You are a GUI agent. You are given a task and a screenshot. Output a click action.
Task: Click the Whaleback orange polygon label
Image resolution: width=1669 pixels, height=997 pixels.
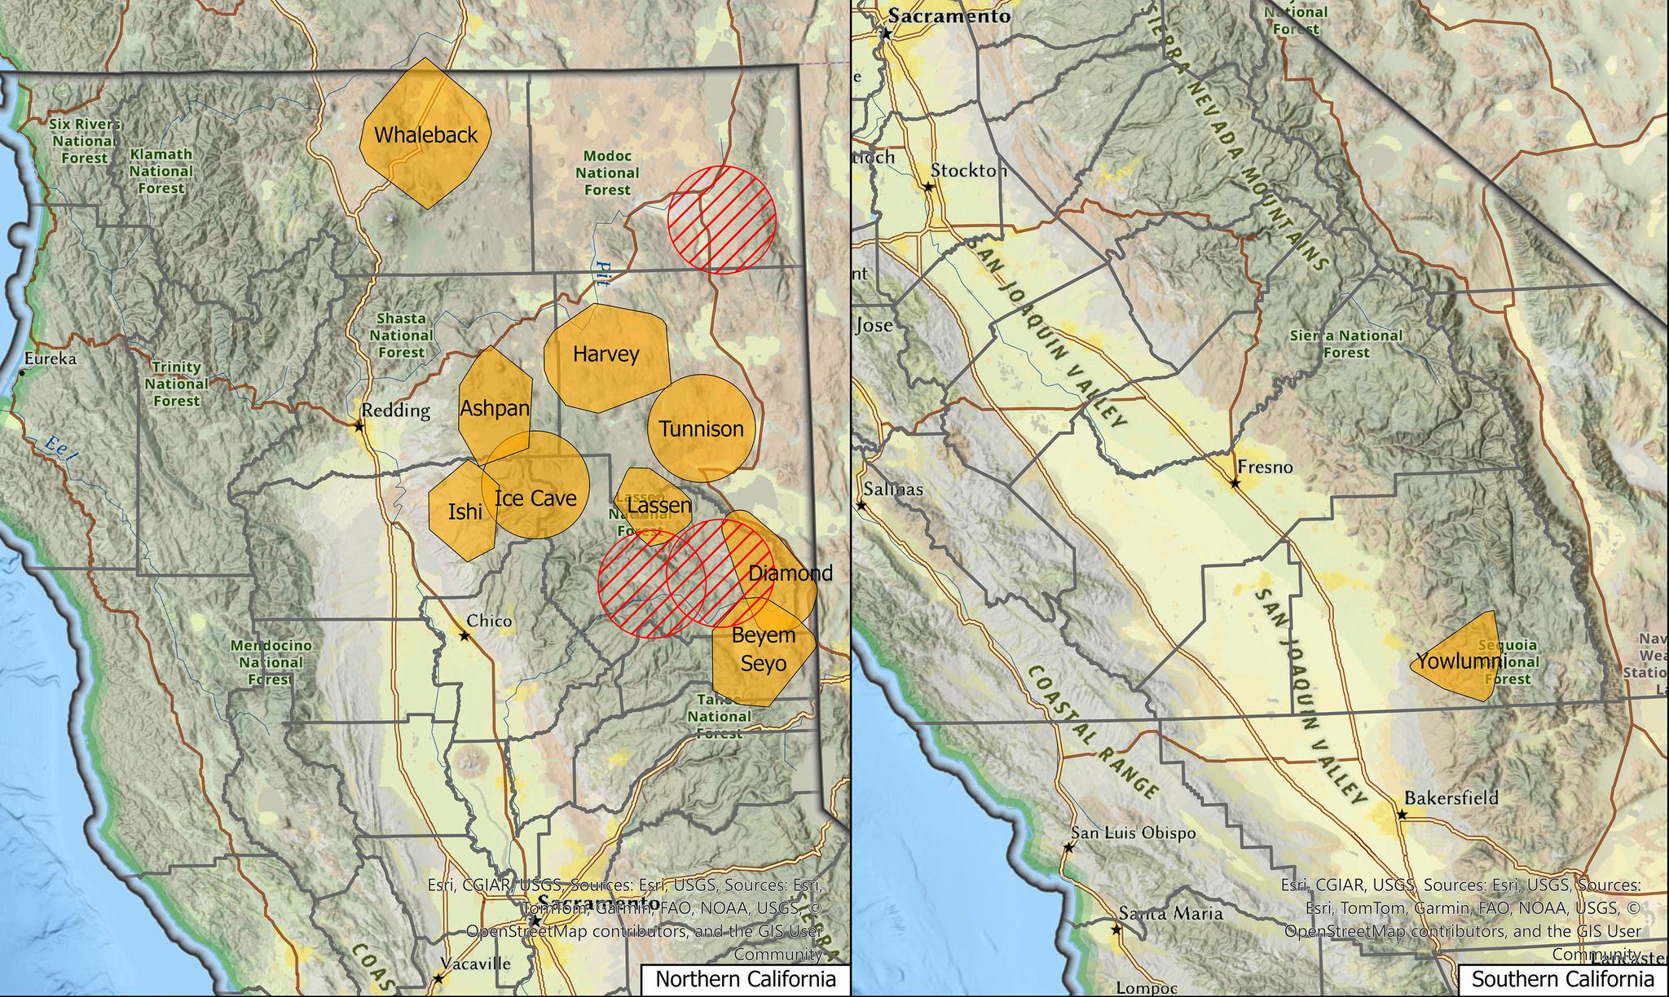click(x=425, y=135)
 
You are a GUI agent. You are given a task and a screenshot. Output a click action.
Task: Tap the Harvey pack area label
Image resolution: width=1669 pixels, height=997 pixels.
click(x=606, y=354)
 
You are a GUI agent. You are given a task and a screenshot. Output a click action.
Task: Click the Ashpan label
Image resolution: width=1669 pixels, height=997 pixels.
click(x=495, y=408)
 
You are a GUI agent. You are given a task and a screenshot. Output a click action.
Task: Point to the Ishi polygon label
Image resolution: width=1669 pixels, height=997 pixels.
click(x=465, y=512)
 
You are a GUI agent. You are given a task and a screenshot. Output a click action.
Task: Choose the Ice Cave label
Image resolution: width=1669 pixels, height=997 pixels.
click(x=535, y=498)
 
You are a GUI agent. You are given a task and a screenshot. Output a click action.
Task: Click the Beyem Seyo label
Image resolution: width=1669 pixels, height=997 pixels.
click(x=764, y=649)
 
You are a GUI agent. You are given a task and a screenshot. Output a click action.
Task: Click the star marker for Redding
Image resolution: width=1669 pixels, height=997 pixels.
click(x=359, y=426)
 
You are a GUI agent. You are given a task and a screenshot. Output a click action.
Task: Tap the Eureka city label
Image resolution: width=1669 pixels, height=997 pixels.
click(x=50, y=358)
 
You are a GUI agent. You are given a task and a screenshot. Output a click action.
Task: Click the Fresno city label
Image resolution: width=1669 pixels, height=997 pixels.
click(x=1265, y=468)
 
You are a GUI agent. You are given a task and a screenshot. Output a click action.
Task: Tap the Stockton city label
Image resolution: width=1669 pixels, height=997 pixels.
click(x=968, y=171)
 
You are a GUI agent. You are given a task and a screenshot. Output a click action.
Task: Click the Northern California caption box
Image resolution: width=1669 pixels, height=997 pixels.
click(x=745, y=979)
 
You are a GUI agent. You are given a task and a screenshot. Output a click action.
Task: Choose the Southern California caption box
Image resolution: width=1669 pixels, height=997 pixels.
click(x=1562, y=979)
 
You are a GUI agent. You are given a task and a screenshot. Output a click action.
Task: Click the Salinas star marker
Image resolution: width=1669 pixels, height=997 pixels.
click(x=860, y=505)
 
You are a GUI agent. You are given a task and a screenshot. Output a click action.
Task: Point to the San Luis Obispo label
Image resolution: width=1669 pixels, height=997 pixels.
click(x=1133, y=833)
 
